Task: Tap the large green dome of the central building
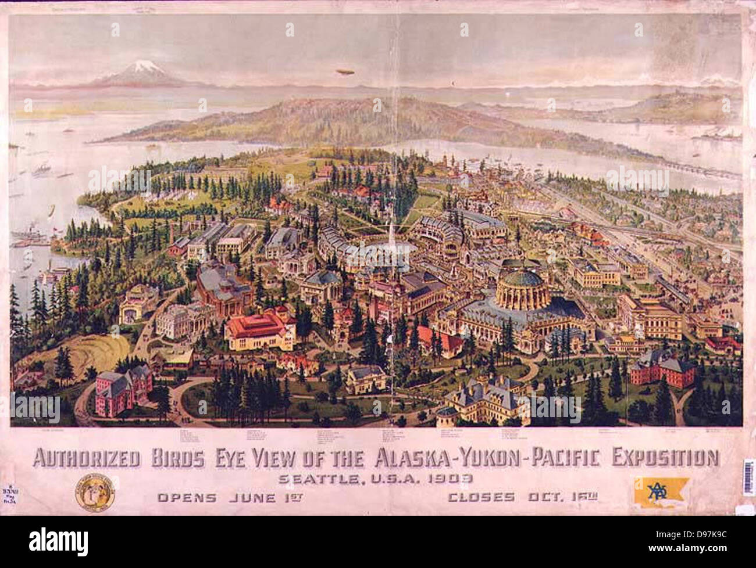(x=522, y=285)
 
